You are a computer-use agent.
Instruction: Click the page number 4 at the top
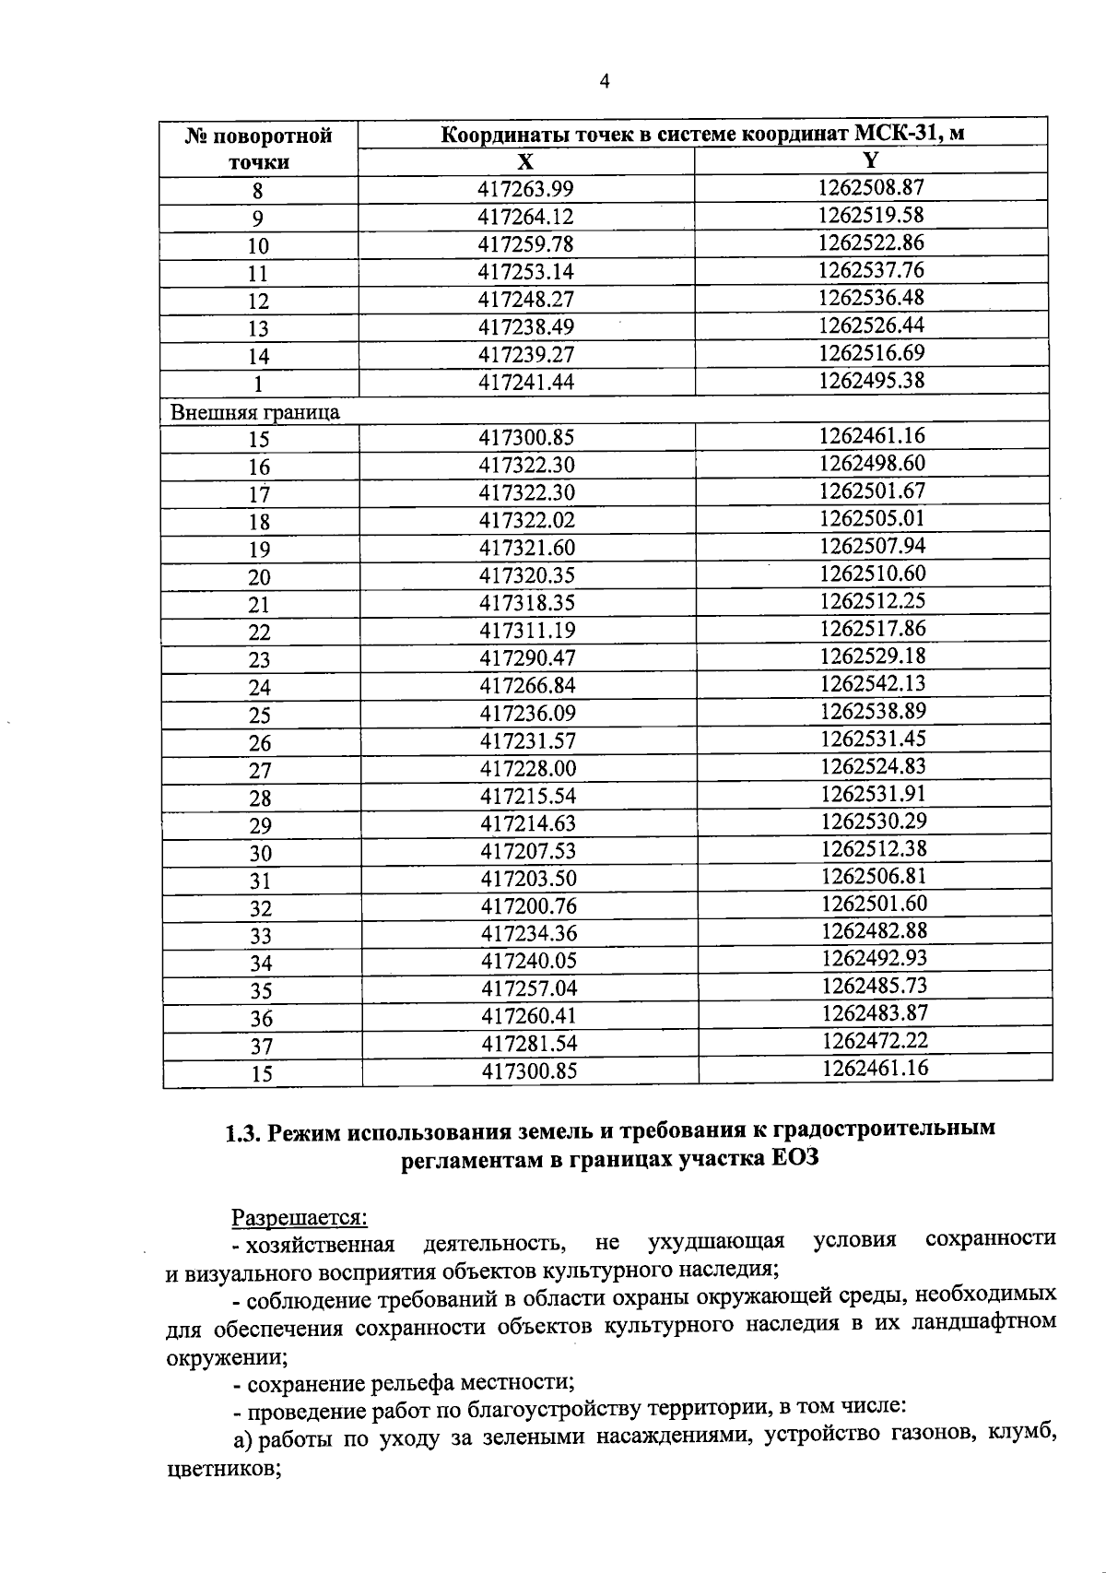click(x=605, y=82)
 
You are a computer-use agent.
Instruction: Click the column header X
click(x=525, y=162)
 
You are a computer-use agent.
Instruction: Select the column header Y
click(x=870, y=160)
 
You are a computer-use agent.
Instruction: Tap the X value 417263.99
click(x=525, y=189)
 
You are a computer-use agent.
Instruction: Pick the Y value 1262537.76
click(x=871, y=270)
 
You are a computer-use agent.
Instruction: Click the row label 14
click(x=259, y=356)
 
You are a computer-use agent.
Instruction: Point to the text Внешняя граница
click(x=255, y=412)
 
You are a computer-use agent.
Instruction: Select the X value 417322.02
click(x=527, y=520)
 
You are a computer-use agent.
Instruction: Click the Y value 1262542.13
click(x=872, y=683)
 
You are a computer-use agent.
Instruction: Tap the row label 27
click(x=260, y=770)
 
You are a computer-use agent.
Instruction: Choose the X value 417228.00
click(x=528, y=768)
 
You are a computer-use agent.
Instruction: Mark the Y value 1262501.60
click(x=874, y=904)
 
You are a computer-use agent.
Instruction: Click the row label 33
click(x=261, y=935)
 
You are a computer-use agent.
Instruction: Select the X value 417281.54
click(x=529, y=1043)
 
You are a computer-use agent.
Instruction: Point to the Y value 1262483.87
click(x=875, y=1012)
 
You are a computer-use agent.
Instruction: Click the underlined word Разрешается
click(x=299, y=1217)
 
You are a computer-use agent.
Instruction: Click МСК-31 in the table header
click(x=900, y=135)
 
